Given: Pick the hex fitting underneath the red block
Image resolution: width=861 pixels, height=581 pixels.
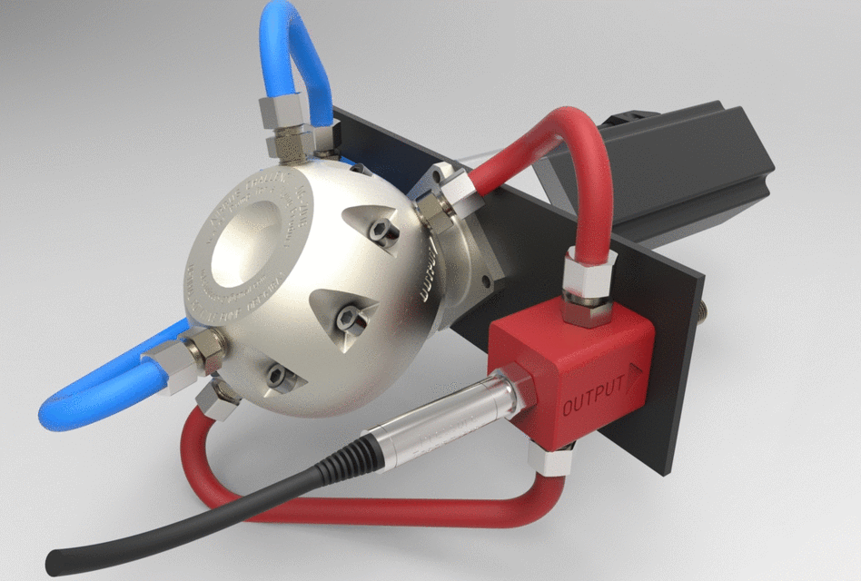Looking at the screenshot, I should [x=550, y=458].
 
